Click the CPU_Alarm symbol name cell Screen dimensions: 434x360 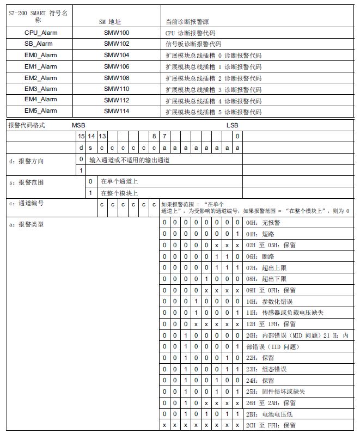click(40, 33)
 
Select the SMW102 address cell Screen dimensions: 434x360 click(116, 44)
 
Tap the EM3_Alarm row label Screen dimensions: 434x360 click(40, 89)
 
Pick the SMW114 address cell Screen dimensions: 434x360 click(116, 111)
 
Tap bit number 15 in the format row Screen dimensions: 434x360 click(81, 136)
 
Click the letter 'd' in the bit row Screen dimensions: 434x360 click(81, 148)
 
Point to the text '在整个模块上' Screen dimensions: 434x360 click(119, 193)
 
